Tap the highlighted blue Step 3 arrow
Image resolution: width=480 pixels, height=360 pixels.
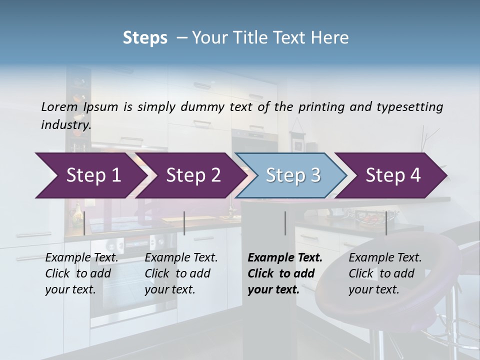293,175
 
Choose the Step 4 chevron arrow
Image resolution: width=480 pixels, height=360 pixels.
393,175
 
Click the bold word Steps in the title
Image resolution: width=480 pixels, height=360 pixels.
145,38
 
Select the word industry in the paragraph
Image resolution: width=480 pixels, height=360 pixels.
65,124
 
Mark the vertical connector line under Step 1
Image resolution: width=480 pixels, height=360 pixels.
84,223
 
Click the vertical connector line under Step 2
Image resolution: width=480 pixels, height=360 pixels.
184,223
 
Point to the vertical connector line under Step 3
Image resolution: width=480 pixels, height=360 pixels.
285,223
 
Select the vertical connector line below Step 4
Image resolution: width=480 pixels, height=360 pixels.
386,223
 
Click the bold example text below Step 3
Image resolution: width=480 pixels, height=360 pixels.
284,273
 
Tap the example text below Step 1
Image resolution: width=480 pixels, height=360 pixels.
81,273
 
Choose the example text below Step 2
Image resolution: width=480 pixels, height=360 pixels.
181,273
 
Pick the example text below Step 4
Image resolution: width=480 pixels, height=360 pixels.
385,273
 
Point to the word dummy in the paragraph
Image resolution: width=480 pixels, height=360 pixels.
204,106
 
